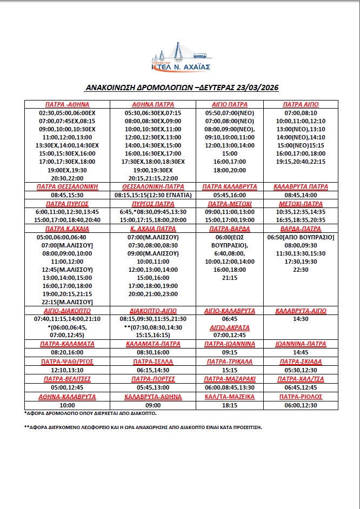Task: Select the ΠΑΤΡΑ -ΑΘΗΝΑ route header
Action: click(x=66, y=104)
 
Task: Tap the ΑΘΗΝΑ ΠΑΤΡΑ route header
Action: click(x=153, y=104)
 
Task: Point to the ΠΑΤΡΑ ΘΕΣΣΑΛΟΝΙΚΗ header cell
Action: click(x=66, y=186)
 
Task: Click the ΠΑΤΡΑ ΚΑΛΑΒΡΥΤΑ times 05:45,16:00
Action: click(x=230, y=195)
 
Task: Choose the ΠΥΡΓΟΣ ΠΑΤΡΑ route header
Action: click(x=153, y=203)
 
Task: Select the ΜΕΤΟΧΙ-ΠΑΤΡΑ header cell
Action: click(x=301, y=203)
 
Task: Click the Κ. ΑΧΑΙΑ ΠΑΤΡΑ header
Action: click(x=153, y=229)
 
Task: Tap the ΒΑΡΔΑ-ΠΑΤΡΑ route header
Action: click(x=301, y=229)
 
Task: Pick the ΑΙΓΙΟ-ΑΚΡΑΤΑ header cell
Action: click(x=230, y=327)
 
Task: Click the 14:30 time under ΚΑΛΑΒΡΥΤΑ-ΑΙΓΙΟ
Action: click(x=301, y=319)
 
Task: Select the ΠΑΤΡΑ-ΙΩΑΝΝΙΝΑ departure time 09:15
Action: click(x=230, y=352)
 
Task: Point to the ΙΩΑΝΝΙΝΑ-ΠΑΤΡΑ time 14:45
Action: click(x=301, y=352)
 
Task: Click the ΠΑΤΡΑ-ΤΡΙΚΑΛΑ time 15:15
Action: click(x=230, y=371)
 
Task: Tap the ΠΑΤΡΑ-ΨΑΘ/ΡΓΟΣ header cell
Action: click(x=66, y=361)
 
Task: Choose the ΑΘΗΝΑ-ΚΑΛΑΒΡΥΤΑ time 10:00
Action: click(x=66, y=405)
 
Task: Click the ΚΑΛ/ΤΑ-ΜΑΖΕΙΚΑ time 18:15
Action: click(x=230, y=405)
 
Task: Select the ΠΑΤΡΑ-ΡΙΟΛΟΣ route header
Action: click(x=301, y=397)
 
